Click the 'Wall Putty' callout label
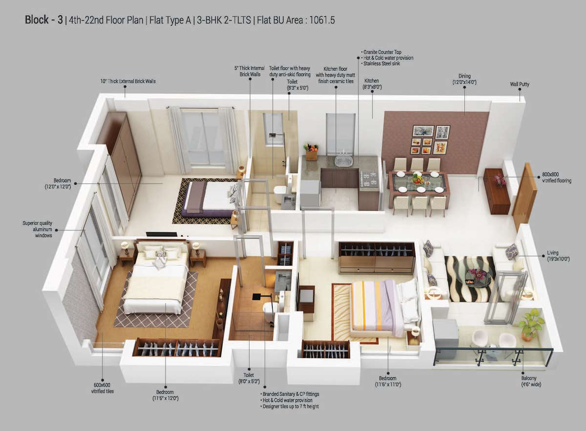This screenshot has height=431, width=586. pos(519,84)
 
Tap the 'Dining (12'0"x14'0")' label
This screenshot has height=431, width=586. pos(464,79)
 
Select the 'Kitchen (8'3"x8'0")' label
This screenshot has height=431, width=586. pos(372,84)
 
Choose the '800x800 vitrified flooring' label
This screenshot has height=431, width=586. pos(556,177)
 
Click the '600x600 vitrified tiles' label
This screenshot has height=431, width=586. pos(102,388)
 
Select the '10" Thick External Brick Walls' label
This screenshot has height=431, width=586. pos(128,81)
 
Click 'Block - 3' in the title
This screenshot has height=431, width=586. pos(43,21)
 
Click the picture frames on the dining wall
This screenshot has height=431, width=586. pos(430,140)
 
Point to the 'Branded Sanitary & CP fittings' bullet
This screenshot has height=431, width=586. pos(291,393)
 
